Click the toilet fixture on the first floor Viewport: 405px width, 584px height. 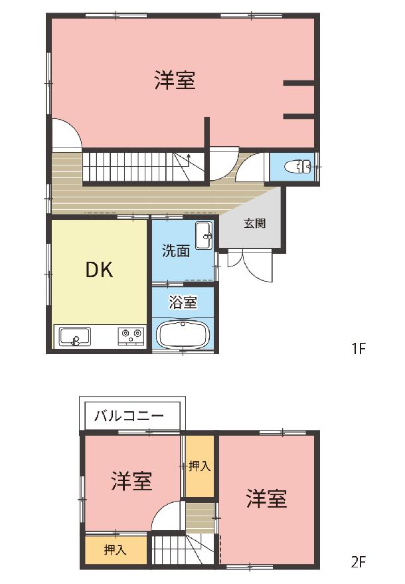click(x=298, y=167)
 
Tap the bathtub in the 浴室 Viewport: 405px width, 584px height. click(x=183, y=334)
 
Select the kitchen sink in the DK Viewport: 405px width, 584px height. click(x=74, y=336)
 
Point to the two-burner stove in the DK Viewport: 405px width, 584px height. click(x=131, y=336)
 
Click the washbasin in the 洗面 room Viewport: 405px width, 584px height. click(x=204, y=235)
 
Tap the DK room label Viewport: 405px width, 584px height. click(x=100, y=269)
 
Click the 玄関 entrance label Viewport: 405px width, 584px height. click(x=255, y=223)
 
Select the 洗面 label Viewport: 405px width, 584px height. click(x=176, y=250)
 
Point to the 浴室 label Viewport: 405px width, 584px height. click(x=183, y=302)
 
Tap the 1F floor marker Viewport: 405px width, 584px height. click(x=359, y=349)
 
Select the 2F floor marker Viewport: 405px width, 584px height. click(x=359, y=561)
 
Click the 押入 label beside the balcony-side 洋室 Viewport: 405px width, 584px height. click(x=200, y=466)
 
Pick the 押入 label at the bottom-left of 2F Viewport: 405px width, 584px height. click(x=115, y=549)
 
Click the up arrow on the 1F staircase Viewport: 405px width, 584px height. click(x=189, y=159)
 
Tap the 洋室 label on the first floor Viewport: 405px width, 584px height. click(x=175, y=80)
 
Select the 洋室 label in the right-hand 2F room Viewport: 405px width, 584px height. click(x=266, y=499)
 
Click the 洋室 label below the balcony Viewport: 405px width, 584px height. click(x=131, y=481)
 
